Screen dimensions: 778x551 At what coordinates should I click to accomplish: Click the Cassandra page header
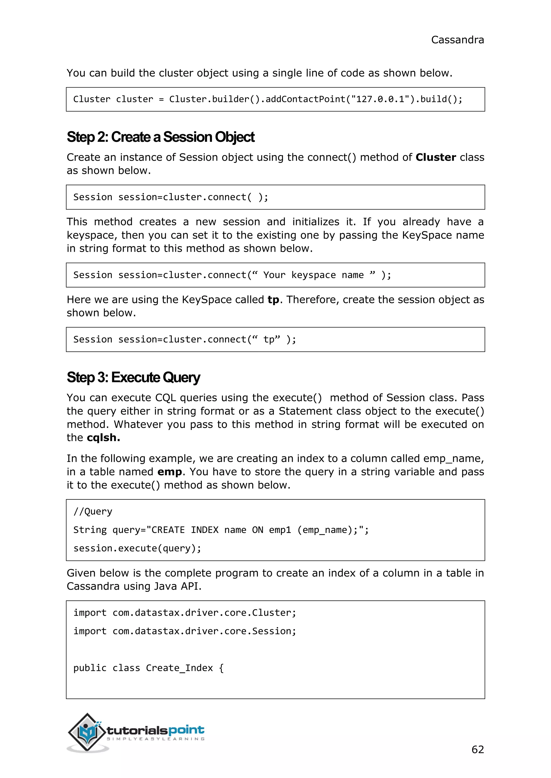457,40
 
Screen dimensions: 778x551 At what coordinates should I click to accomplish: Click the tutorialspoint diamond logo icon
87,732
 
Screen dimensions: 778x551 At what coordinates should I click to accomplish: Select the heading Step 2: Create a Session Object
160,137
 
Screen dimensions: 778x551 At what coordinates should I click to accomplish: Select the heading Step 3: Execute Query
133,377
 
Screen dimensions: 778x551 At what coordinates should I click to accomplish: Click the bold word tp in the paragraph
273,300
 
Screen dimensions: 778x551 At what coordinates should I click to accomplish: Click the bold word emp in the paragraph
170,472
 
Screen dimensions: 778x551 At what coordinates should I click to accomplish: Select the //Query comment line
93,511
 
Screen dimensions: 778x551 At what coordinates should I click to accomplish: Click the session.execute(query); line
137,548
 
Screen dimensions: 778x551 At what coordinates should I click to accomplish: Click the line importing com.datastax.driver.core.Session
185,631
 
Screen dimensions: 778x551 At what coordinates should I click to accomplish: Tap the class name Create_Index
179,668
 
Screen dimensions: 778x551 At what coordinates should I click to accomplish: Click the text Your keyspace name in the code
313,275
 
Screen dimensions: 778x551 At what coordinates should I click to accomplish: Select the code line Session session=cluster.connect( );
171,197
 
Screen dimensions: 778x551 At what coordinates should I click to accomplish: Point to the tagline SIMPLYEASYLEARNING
156,739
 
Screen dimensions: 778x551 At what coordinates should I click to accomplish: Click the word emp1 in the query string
280,530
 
